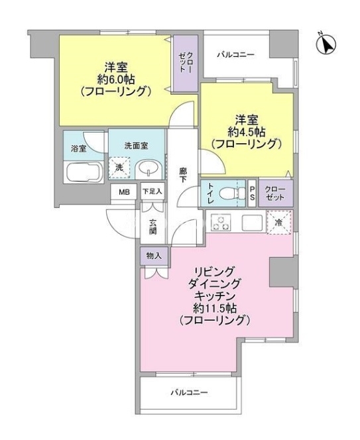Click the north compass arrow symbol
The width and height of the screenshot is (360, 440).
[326, 44]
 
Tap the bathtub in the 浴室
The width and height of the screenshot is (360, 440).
[84, 172]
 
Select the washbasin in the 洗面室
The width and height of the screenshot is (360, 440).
[149, 170]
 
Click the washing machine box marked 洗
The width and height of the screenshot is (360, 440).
[120, 168]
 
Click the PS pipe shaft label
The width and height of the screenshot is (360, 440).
[252, 193]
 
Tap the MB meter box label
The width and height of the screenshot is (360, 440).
[124, 192]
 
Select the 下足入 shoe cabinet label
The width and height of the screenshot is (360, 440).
[152, 192]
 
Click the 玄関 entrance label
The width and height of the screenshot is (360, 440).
[152, 226]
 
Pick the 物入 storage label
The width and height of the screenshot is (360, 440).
[154, 256]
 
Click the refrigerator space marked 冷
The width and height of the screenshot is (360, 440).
[279, 222]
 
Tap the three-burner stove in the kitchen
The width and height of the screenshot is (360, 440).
[220, 223]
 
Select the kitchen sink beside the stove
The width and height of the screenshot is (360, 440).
[253, 223]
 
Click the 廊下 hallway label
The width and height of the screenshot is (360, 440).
[183, 174]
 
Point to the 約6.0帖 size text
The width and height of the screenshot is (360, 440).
[116, 80]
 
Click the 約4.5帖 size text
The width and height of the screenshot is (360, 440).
[246, 131]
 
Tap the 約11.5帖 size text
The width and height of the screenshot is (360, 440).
[215, 308]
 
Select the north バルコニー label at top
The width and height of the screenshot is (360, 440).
[236, 54]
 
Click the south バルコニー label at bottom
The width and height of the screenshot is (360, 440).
[190, 392]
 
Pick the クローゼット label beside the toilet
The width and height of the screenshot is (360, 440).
[276, 193]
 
